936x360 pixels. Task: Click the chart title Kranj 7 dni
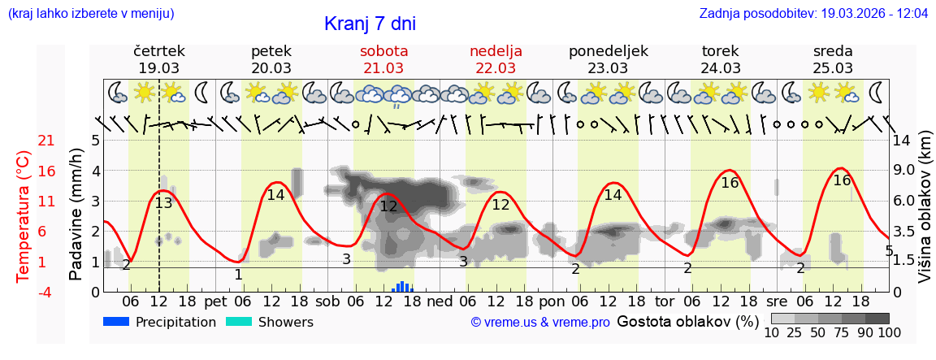(370, 24)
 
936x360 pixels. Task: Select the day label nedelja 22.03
(496, 59)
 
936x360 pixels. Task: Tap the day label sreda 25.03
(833, 59)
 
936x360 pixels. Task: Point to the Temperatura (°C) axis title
(24, 216)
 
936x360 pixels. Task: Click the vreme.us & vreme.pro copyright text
(540, 323)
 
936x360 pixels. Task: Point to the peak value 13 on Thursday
(163, 203)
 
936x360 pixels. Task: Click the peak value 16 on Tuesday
(730, 183)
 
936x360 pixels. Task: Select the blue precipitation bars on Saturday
(402, 287)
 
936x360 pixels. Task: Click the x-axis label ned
(440, 301)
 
